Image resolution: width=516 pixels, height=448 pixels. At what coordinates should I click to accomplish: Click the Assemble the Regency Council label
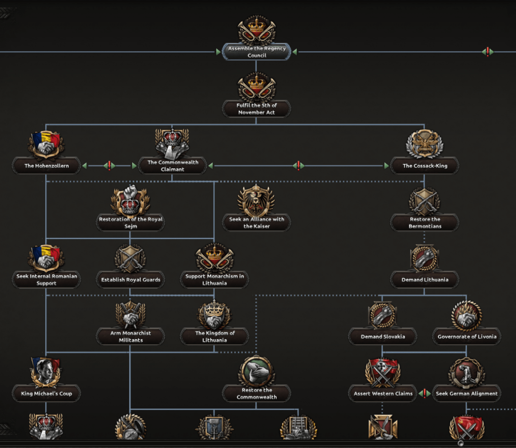pyautogui.click(x=257, y=52)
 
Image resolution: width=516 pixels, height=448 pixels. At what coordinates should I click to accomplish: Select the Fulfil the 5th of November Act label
pyautogui.click(x=257, y=109)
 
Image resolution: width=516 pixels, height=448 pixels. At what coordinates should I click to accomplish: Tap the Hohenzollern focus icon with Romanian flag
pyautogui.click(x=46, y=144)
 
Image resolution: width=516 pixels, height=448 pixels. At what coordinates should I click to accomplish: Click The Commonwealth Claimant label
pyautogui.click(x=172, y=166)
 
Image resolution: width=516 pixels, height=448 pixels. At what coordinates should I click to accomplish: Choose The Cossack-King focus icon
pyautogui.click(x=424, y=144)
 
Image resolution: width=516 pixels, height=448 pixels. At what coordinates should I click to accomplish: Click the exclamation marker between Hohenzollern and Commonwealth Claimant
pyautogui.click(x=109, y=165)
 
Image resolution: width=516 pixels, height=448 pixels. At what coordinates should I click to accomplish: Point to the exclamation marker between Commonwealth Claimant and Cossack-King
pyautogui.click(x=298, y=165)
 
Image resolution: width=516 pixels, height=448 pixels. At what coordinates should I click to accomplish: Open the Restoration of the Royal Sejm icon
pyautogui.click(x=130, y=201)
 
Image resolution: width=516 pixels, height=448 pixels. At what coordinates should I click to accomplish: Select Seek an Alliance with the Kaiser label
pyautogui.click(x=257, y=223)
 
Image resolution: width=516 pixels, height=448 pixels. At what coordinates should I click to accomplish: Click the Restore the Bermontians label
pyautogui.click(x=425, y=223)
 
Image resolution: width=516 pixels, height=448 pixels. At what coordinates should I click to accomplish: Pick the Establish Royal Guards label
pyautogui.click(x=131, y=280)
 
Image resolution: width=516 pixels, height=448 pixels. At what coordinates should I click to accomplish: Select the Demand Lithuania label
pyautogui.click(x=425, y=280)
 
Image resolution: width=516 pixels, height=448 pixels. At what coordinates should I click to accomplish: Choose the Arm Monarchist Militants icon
pyautogui.click(x=130, y=315)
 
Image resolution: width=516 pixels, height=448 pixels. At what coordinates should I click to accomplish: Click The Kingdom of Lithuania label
pyautogui.click(x=215, y=337)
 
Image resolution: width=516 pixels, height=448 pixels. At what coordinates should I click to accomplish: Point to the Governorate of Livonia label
pyautogui.click(x=467, y=337)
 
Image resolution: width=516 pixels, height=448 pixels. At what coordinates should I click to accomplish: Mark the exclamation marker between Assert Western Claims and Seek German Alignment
pyautogui.click(x=424, y=393)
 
